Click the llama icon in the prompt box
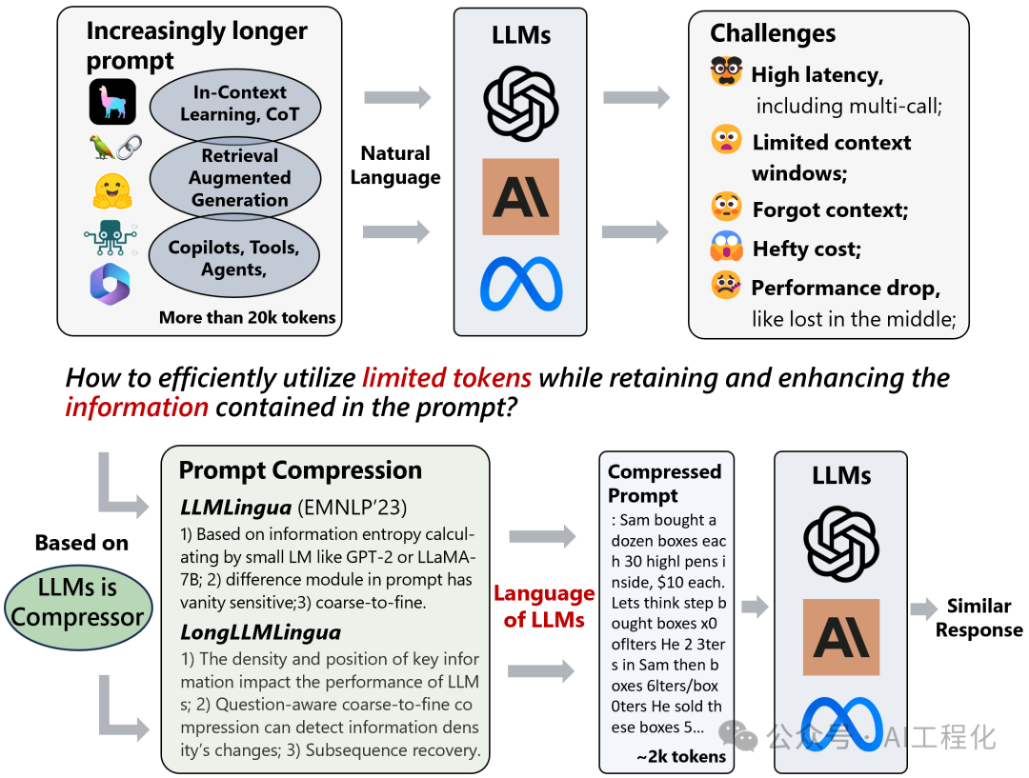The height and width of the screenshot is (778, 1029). click(x=112, y=102)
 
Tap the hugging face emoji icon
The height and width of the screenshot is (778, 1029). click(x=112, y=190)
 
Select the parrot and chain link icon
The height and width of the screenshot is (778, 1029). click(x=115, y=147)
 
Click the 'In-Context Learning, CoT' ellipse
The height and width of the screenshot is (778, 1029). click(x=235, y=105)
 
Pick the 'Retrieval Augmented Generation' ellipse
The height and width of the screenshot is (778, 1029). click(x=235, y=178)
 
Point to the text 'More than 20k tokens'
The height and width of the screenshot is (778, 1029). click(x=248, y=317)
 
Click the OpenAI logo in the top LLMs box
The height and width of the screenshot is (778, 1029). click(x=520, y=103)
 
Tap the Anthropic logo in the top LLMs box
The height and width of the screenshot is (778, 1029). click(x=520, y=196)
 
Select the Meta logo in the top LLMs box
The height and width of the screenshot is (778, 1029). click(x=521, y=284)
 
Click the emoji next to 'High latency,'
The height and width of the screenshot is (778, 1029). click(x=726, y=70)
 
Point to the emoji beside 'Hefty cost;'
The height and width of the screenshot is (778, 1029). click(x=726, y=246)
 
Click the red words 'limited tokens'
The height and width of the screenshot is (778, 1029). click(x=447, y=378)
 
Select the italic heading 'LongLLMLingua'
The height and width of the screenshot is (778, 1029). click(x=260, y=632)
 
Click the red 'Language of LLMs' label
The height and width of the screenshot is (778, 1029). click(x=544, y=607)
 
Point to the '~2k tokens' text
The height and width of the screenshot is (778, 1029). click(x=681, y=756)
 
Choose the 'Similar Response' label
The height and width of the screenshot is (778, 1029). click(x=979, y=618)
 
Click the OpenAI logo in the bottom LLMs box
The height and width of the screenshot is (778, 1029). click(x=840, y=543)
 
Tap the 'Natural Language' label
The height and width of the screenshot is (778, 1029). click(x=395, y=166)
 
